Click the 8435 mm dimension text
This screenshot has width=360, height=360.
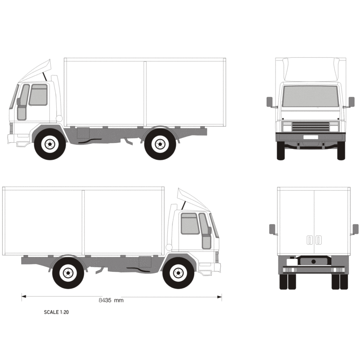(x=111, y=300)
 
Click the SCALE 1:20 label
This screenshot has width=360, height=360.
(x=56, y=312)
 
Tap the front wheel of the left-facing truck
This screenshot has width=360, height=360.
(x=50, y=144)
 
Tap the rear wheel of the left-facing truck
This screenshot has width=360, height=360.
(x=160, y=144)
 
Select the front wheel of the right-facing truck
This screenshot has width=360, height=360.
(x=179, y=273)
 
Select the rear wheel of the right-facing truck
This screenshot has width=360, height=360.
(x=68, y=273)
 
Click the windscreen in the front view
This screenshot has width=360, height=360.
(x=311, y=96)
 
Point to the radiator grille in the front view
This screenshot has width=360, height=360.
(x=311, y=127)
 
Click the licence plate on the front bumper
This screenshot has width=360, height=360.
(x=311, y=137)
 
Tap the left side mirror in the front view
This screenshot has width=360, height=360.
(x=270, y=102)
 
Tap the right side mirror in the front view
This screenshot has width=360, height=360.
(x=352, y=102)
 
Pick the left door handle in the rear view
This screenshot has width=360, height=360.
(x=309, y=240)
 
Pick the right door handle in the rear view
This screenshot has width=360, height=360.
(x=318, y=240)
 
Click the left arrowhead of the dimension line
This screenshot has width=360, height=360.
(x=23, y=296)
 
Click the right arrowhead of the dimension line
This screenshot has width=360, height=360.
(x=219, y=297)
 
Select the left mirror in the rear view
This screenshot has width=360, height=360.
(x=272, y=229)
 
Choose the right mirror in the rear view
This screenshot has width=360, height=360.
(x=355, y=229)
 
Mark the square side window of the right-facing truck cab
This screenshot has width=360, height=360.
(x=190, y=224)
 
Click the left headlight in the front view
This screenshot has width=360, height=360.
(x=287, y=127)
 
